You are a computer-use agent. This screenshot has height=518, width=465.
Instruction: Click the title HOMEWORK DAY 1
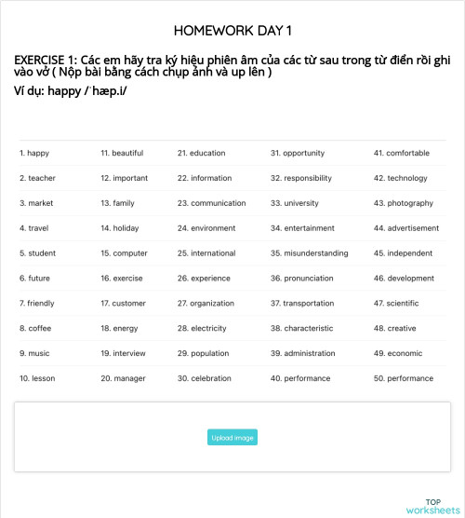point(232,31)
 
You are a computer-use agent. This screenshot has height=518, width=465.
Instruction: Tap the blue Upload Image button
point(232,437)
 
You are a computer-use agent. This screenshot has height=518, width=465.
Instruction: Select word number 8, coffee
point(35,328)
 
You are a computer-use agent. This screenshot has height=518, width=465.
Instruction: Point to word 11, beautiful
point(122,153)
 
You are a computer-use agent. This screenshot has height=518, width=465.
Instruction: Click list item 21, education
point(202,153)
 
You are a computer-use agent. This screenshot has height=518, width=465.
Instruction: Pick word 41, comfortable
point(407,153)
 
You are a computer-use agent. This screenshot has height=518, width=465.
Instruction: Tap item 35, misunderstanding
point(310,252)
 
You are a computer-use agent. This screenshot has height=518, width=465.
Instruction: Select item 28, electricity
point(202,328)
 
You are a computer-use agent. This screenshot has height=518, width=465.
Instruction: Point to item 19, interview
point(123,353)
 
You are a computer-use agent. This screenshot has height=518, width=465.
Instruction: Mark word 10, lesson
point(37,378)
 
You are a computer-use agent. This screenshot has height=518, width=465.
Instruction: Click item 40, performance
point(300,378)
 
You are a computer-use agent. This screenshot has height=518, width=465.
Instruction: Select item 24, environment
point(206,227)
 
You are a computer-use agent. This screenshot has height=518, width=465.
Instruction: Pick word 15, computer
point(124,252)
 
